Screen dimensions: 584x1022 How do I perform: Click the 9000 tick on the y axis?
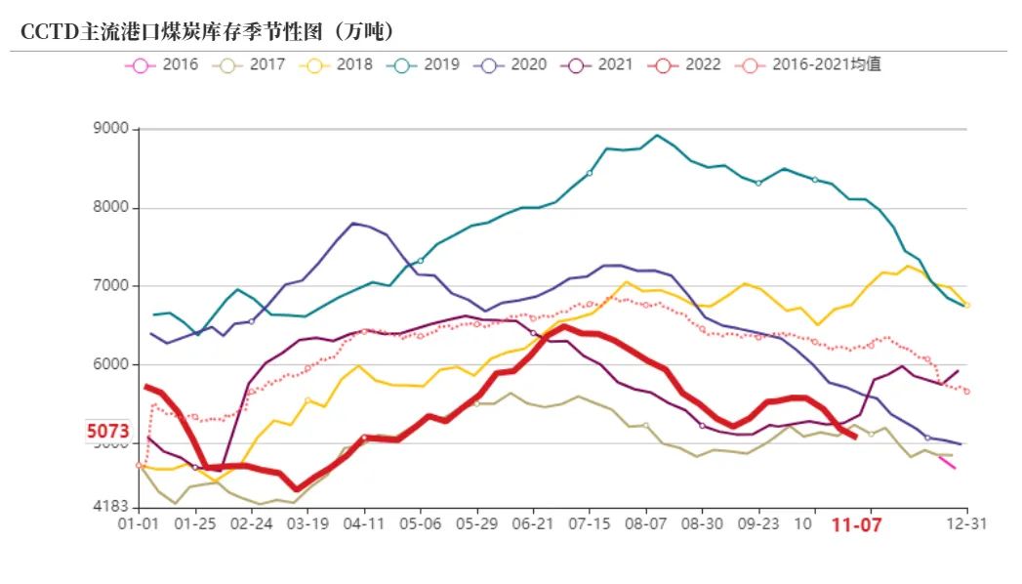112,129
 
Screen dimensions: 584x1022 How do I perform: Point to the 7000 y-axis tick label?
112,286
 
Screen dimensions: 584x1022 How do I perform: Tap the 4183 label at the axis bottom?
112,507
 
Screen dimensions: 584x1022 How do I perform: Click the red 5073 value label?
107,431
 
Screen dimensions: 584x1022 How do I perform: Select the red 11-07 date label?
856,525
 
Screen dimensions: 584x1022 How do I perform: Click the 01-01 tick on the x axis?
138,524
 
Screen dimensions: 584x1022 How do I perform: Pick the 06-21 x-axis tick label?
533,524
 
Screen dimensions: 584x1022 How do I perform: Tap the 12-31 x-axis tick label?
966,524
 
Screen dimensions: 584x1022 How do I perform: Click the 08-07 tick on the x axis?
646,524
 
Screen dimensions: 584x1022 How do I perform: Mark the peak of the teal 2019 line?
657,136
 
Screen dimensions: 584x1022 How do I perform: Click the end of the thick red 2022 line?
855,437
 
